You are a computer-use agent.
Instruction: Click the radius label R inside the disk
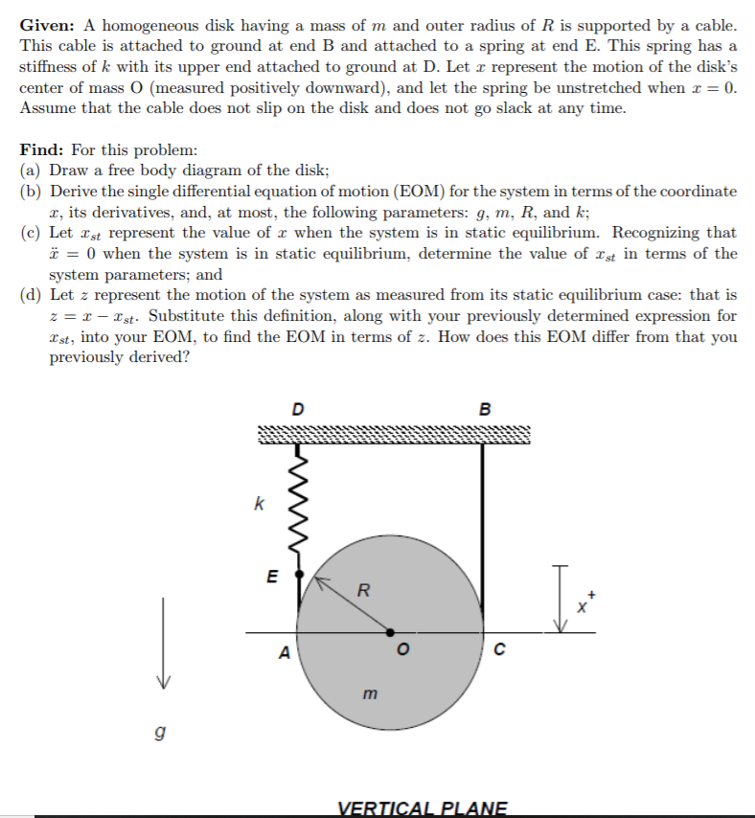click(362, 590)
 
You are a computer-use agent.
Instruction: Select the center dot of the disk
click(390, 632)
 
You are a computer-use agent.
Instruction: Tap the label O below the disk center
click(404, 655)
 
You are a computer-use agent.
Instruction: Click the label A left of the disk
click(283, 654)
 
